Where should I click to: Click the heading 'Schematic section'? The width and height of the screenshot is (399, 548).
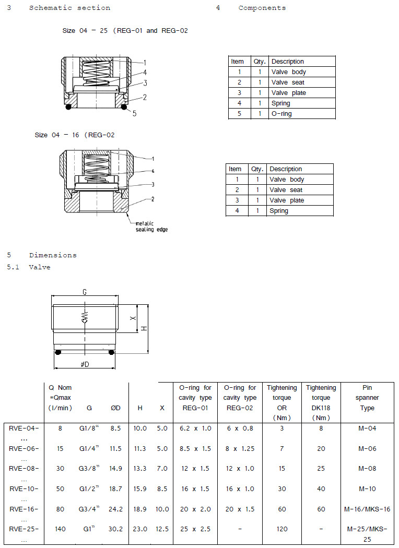tap(69, 8)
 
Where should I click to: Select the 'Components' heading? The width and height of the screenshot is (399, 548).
tap(262, 8)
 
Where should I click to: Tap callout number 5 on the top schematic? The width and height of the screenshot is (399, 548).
tap(134, 113)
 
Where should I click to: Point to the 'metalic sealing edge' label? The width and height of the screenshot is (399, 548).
tap(151, 227)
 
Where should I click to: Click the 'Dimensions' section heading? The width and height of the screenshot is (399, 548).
tap(52, 255)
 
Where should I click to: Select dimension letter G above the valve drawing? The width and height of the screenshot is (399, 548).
tap(85, 293)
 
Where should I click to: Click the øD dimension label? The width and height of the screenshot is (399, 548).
tap(85, 364)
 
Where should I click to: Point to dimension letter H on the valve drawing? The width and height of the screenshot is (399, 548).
tap(145, 328)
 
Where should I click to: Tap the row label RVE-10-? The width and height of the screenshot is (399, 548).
tap(24, 489)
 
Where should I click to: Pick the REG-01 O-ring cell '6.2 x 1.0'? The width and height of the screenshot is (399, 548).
tap(195, 428)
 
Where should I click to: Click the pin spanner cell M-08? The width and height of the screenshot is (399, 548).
tap(367, 469)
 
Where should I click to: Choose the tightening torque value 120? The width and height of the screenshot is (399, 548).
tap(282, 529)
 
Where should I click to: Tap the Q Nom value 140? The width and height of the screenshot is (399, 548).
tap(60, 529)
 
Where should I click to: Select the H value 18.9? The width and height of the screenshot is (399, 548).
tap(140, 509)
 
